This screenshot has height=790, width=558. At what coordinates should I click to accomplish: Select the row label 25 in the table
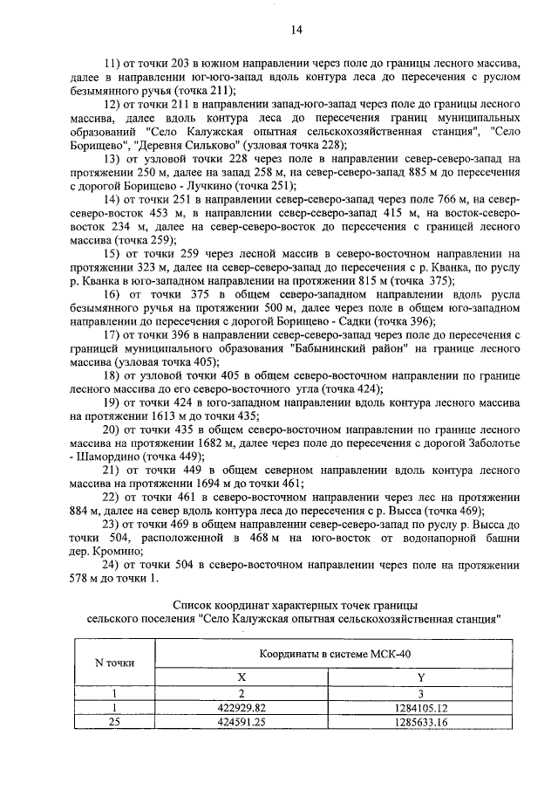coord(114,722)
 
